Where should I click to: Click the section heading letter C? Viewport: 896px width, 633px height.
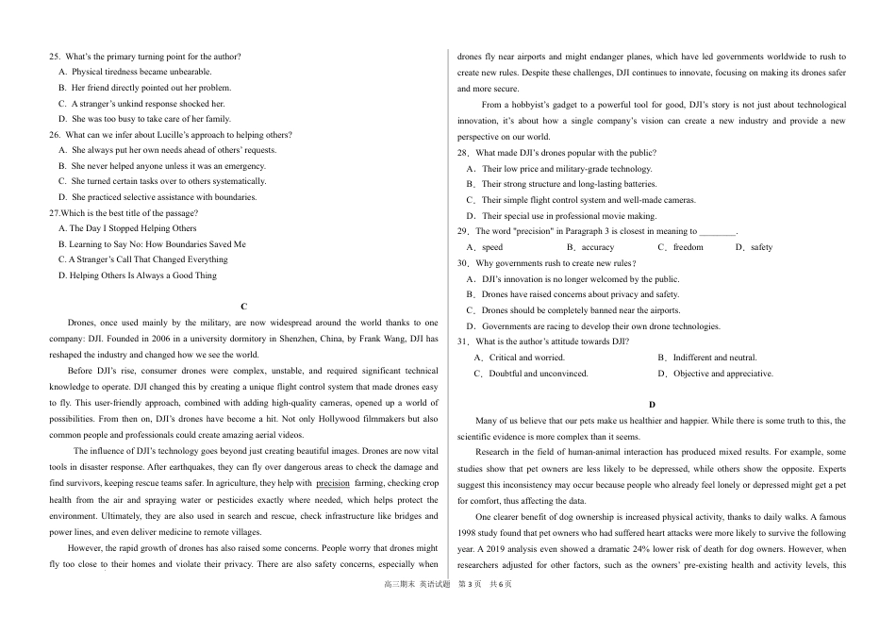click(243, 307)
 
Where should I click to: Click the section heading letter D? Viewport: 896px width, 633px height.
click(652, 405)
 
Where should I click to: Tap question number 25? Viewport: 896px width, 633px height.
click(55, 57)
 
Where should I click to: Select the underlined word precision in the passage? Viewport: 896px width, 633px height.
click(332, 483)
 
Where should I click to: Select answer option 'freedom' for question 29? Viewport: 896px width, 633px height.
click(688, 247)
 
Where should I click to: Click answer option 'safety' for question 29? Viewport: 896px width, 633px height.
click(761, 247)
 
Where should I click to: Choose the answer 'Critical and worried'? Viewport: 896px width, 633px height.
click(526, 358)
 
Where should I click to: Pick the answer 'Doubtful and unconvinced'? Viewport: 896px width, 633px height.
click(538, 374)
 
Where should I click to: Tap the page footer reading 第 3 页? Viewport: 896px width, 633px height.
click(469, 611)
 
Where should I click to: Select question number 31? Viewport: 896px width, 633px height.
click(463, 341)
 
